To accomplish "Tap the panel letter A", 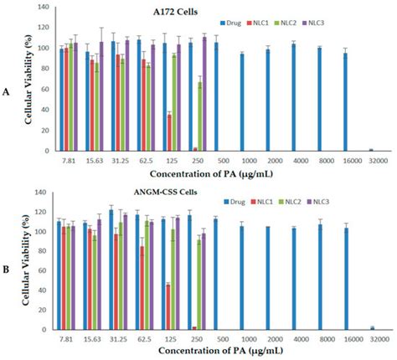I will click(8, 94).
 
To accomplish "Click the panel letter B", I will click(8, 271).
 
